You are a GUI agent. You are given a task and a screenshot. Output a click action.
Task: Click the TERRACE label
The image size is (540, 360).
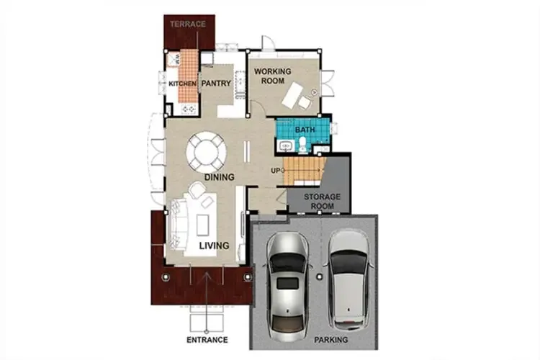[x=188, y=24]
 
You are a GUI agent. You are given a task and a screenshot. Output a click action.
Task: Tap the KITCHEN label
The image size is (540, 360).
[x=182, y=84]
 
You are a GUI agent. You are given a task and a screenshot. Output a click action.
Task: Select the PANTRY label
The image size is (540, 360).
[x=216, y=84]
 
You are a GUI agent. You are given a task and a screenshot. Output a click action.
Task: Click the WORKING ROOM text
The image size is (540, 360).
[x=272, y=76]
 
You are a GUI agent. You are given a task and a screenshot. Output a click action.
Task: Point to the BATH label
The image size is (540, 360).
[x=305, y=130]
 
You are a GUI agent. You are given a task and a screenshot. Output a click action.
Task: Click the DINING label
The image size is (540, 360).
[x=220, y=177]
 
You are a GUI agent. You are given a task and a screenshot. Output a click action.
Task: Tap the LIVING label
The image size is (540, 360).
[x=215, y=246]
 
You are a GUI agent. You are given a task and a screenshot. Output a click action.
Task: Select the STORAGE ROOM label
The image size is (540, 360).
[x=322, y=202]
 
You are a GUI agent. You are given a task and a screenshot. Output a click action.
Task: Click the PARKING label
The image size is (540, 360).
[x=331, y=340]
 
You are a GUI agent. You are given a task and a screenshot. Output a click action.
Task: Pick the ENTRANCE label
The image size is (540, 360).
[x=207, y=340]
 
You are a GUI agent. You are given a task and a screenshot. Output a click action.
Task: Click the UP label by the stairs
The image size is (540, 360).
[x=276, y=171]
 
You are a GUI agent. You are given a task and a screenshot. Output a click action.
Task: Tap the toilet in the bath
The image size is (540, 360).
[x=303, y=145]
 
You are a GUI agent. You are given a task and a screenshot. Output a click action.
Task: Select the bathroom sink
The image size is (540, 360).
[x=286, y=146]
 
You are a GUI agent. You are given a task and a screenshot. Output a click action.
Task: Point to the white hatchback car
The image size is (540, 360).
[x=348, y=280]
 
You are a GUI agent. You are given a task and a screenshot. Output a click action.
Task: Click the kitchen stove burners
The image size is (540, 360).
[x=189, y=109]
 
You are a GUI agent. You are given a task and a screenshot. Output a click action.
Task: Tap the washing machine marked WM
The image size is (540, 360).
[x=173, y=60]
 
